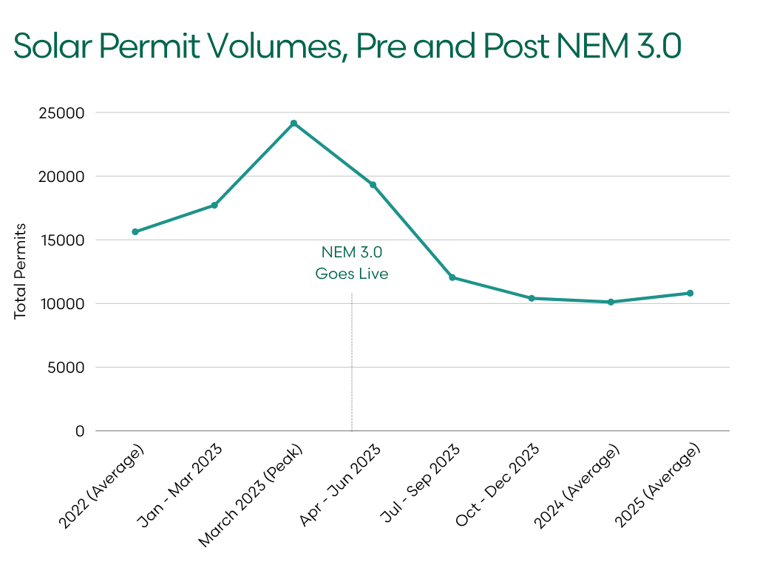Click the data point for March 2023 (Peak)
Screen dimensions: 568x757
(293, 123)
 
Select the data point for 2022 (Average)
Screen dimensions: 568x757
(135, 231)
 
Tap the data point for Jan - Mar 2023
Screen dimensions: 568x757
(214, 205)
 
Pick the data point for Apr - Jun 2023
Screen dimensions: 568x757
(373, 185)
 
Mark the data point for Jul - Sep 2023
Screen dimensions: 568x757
(452, 277)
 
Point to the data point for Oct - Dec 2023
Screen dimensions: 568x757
(532, 298)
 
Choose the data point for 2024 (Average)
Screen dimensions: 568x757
(611, 302)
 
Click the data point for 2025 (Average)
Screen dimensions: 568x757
(690, 293)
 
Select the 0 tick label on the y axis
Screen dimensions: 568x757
(80, 431)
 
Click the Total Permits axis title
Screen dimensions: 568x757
(21, 271)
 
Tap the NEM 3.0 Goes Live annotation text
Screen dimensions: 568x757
(352, 263)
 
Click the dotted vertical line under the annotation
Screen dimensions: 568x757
(352, 362)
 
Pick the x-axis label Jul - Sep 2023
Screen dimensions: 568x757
(421, 484)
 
